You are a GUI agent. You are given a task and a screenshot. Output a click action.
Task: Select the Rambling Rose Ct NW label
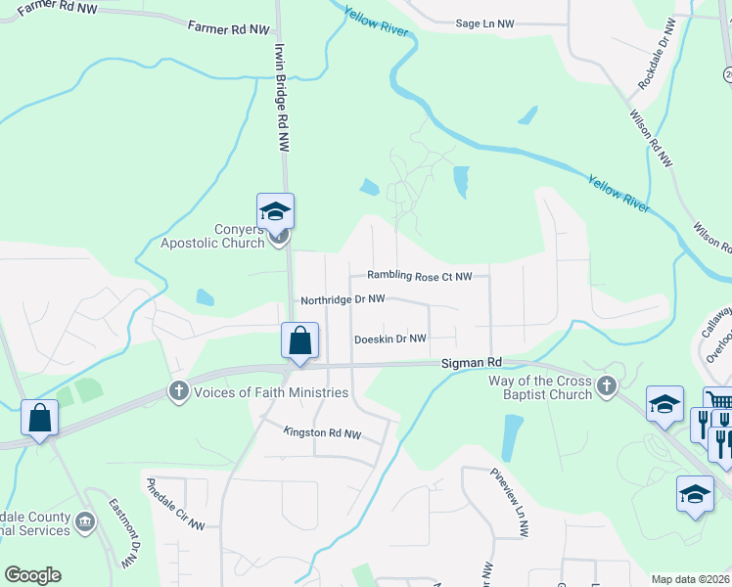coord(420,277)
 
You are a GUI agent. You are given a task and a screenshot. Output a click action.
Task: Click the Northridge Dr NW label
coord(343,300)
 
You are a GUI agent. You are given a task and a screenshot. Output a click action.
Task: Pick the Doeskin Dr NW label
coord(390,339)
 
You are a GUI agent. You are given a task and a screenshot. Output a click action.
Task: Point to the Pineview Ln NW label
coord(509,501)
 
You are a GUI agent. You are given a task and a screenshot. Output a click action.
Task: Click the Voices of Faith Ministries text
coord(271,392)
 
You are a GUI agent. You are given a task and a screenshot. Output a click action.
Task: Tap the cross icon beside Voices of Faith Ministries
coord(178,391)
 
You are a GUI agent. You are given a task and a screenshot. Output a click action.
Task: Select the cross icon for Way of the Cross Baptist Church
coord(608,385)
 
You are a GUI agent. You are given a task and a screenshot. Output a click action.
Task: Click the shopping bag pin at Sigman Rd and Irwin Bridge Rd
coord(299,342)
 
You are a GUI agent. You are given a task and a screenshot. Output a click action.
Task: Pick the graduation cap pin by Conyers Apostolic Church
coord(276,211)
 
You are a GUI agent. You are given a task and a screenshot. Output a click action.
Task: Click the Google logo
coord(32,575)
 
